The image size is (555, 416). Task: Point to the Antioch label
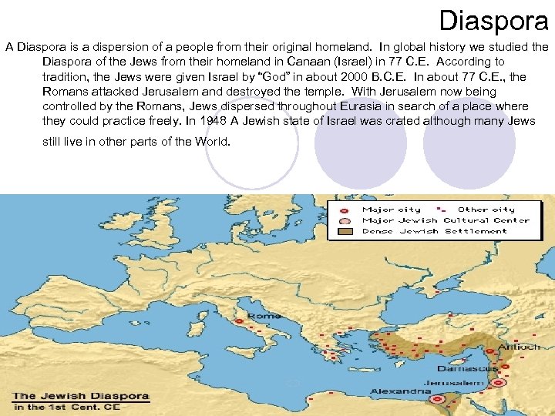click(520, 347)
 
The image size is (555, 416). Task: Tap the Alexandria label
click(400, 391)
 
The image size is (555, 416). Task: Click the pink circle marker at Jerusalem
click(499, 381)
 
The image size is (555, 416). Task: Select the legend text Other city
click(486, 210)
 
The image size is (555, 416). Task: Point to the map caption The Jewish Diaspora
click(80, 396)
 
